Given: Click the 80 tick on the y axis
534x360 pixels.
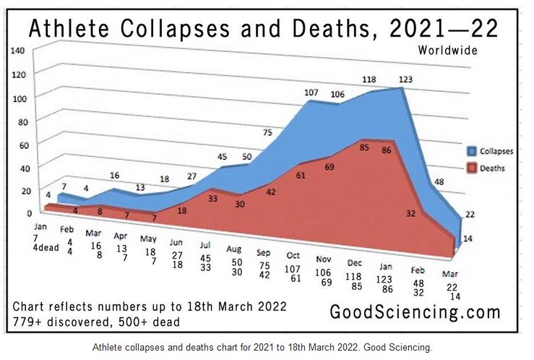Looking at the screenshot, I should [x=20, y=121].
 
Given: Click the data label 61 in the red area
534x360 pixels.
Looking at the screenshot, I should [x=301, y=175].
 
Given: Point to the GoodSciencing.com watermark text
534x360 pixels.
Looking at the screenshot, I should [x=415, y=313].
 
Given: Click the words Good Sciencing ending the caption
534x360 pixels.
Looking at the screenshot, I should [x=402, y=348].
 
